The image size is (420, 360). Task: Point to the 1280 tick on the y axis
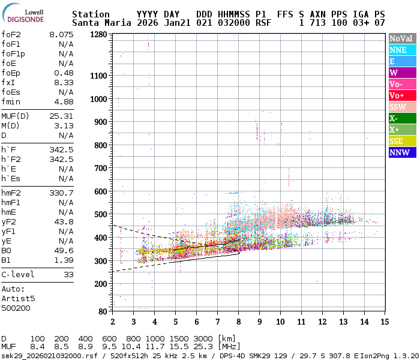pos(98,34)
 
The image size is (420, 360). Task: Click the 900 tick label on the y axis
pos(101,122)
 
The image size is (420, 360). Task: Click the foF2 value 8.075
pos(61,34)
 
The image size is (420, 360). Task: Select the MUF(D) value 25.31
pos(61,116)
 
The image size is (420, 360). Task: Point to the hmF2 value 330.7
pos(61,193)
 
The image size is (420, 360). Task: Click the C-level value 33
pos(66,274)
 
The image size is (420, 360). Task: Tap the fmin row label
pos(11,101)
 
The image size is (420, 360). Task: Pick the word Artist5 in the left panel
pos(18,298)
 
